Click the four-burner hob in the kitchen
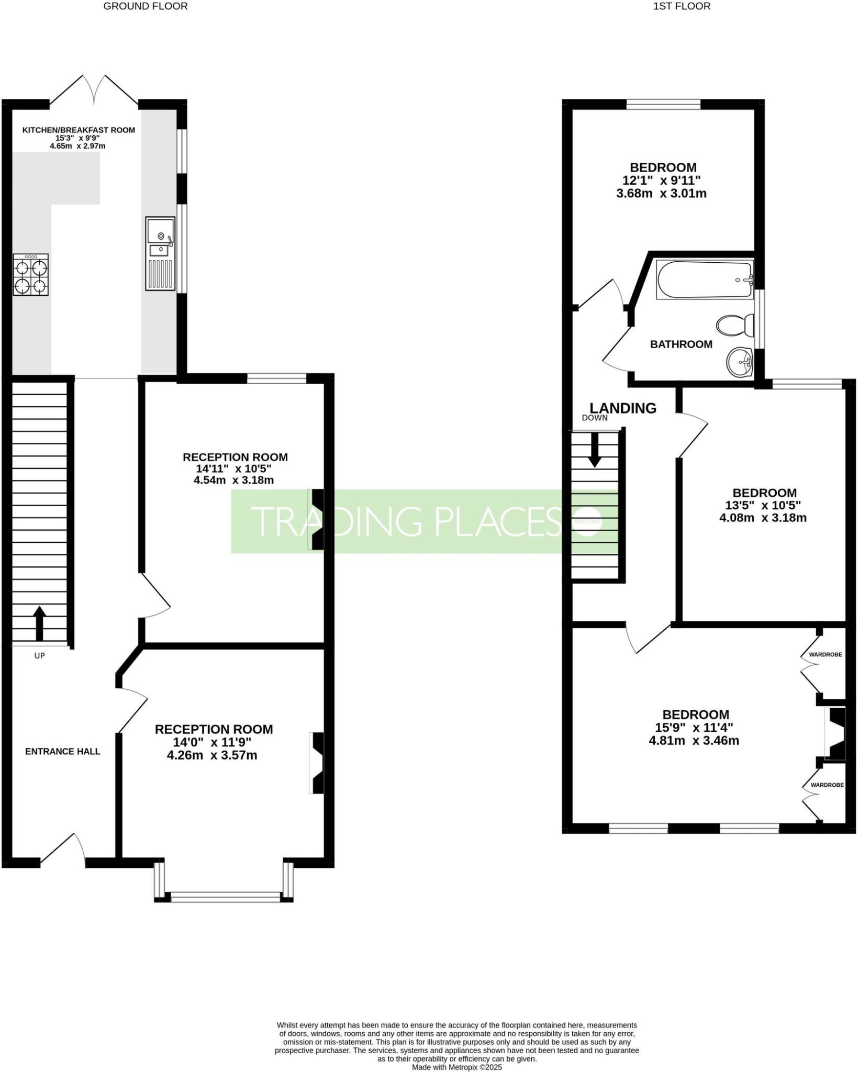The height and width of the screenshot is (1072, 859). [x=31, y=274]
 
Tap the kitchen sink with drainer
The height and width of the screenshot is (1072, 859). [x=160, y=253]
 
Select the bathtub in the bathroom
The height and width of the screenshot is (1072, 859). [x=704, y=280]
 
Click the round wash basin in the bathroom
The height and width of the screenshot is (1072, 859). [x=739, y=361]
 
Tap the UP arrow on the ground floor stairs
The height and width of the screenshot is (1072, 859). [x=39, y=623]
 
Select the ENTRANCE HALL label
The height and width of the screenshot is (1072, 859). [x=63, y=752]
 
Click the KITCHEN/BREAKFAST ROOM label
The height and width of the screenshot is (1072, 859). [x=79, y=130]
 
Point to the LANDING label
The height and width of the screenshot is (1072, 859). [x=623, y=408]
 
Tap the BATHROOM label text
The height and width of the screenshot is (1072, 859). [x=681, y=344]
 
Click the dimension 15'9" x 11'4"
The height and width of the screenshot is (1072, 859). [x=694, y=728]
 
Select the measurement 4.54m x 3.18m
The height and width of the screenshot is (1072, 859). [x=233, y=480]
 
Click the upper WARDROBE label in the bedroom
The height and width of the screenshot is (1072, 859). [x=825, y=654]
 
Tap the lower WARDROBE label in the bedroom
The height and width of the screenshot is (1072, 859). [x=827, y=785]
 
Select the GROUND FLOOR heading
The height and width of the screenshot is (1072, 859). [x=146, y=6]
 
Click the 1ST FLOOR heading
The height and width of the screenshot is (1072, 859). [x=682, y=6]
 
